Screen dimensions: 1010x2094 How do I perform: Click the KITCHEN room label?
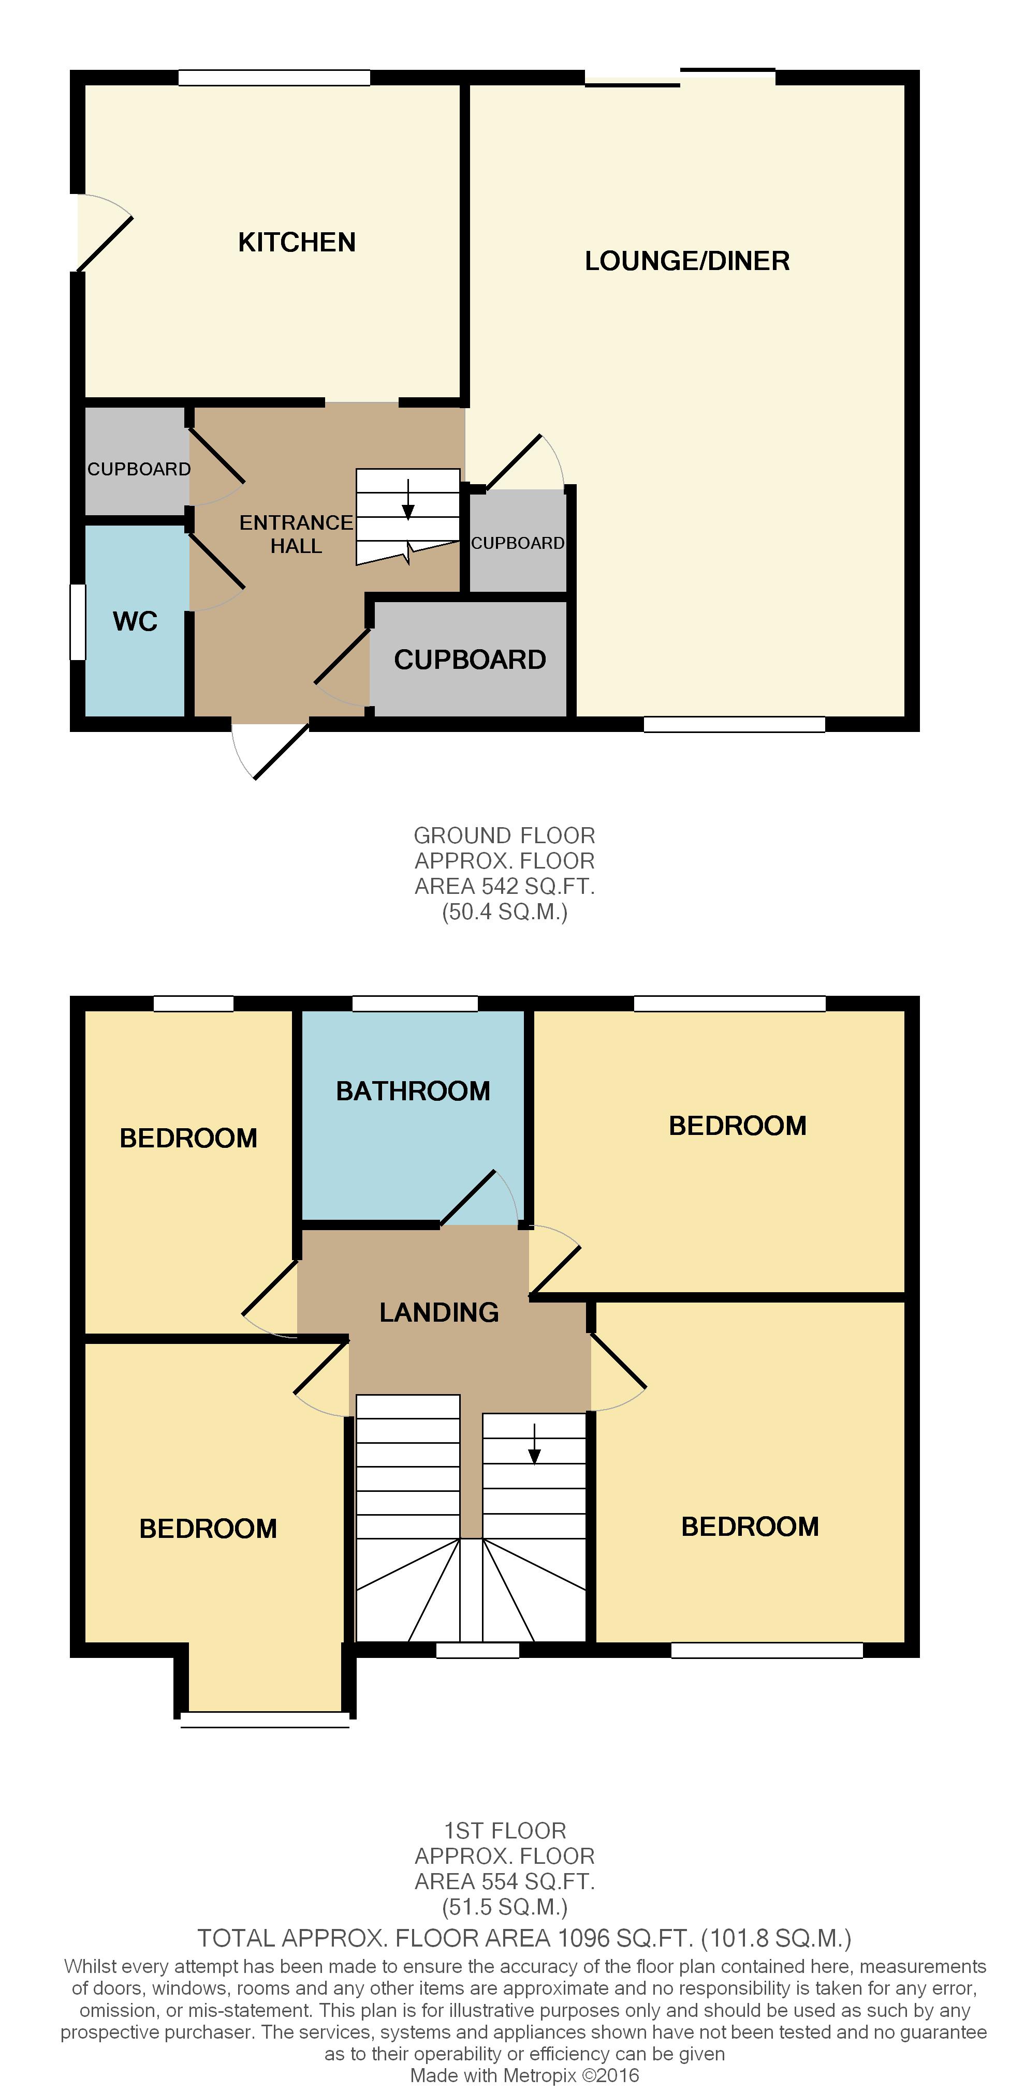(x=297, y=242)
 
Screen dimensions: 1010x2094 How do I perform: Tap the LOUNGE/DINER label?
(x=687, y=261)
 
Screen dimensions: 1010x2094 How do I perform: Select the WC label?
(x=135, y=621)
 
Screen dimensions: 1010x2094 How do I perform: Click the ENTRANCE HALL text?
(x=296, y=534)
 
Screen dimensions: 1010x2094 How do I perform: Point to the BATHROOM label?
(x=413, y=1091)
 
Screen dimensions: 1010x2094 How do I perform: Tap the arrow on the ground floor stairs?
(x=408, y=499)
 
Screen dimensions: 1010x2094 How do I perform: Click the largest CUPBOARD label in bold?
(x=470, y=659)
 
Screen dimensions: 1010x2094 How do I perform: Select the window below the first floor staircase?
(x=477, y=1650)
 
